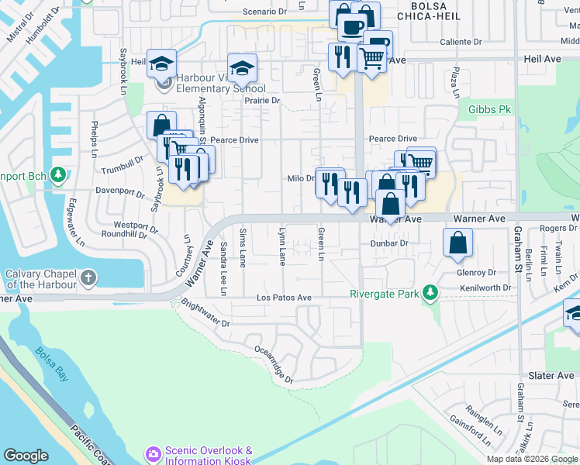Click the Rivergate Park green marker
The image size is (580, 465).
coord(427,293)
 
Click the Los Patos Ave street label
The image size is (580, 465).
coord(284,298)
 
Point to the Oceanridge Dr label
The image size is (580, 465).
coord(274,363)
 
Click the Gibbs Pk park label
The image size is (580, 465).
coord(489,109)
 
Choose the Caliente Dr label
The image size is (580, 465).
coord(461,42)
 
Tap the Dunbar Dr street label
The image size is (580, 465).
coord(389,243)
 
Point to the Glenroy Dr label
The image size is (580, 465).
coord(476,272)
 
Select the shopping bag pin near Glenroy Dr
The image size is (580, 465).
coord(458,242)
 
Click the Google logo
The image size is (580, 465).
coord(26,456)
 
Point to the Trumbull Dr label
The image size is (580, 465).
coord(123,165)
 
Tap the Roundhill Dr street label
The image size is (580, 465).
coord(119,234)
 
